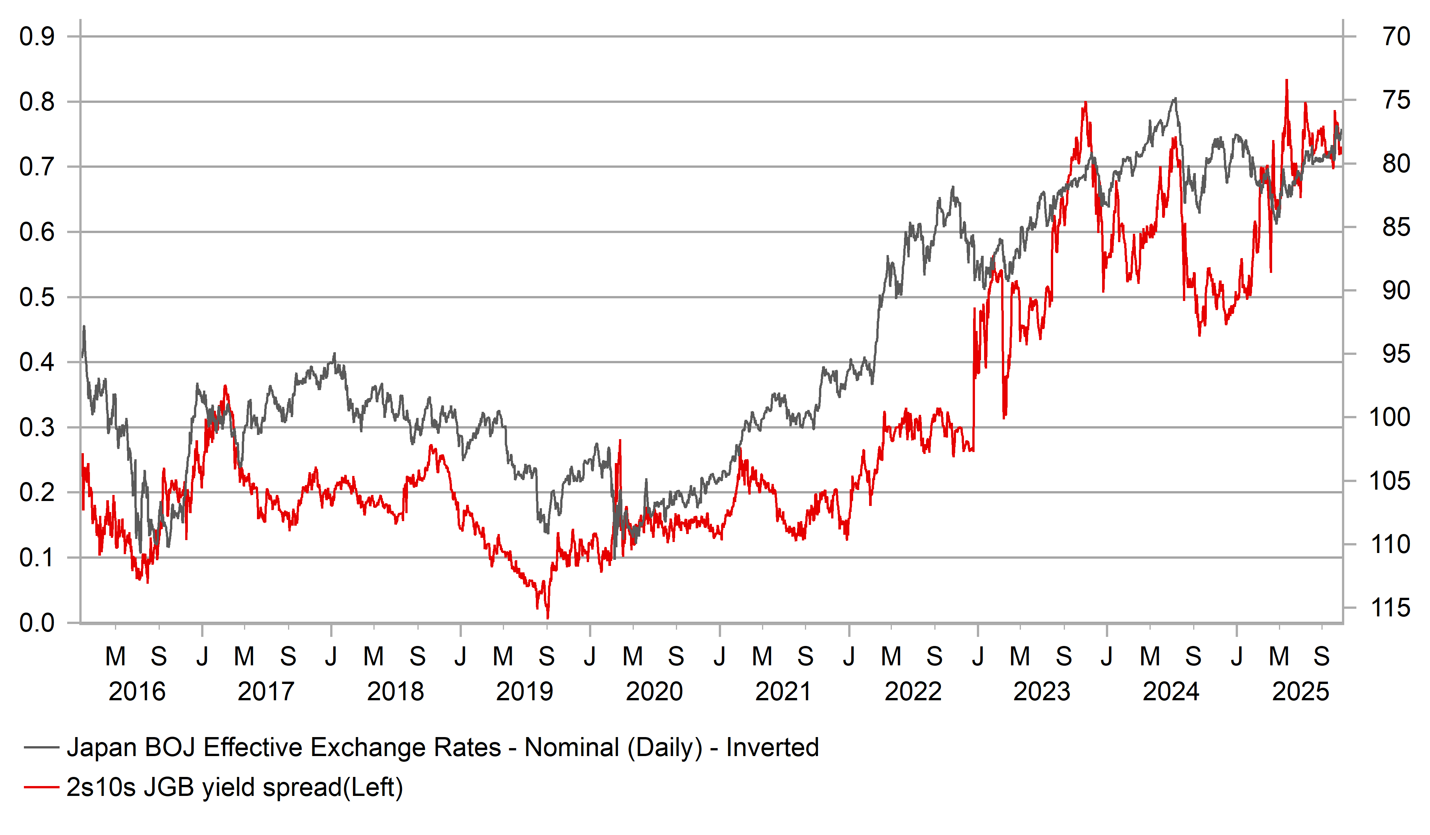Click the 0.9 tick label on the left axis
click(37, 37)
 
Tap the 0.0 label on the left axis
click(37, 623)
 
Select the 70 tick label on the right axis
click(1396, 37)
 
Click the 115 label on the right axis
click(1390, 608)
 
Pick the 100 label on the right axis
click(1390, 417)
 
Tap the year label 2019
click(524, 692)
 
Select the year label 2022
click(913, 692)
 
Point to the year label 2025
click(1301, 692)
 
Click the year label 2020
click(654, 692)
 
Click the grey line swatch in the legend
click(41, 748)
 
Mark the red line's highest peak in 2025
click(1287, 80)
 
